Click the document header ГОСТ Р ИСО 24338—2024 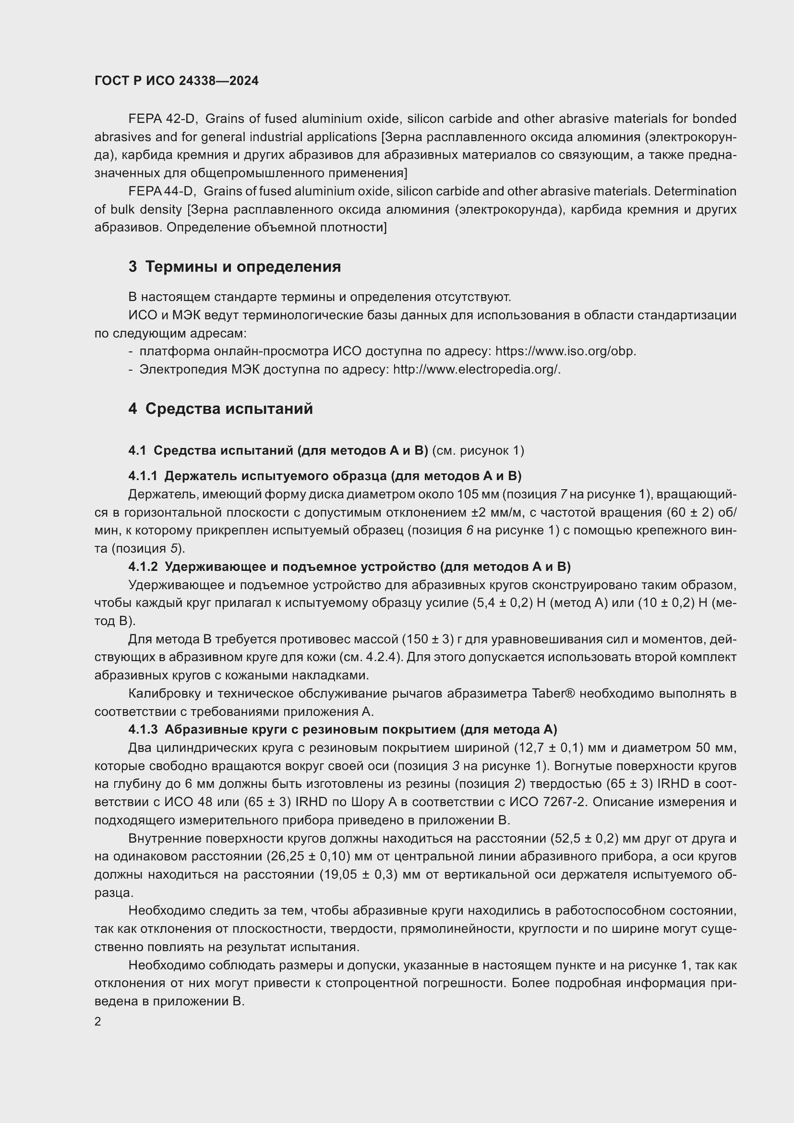(x=177, y=81)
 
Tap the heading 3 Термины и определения (x=235, y=267)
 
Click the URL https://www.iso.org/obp (x=565, y=351)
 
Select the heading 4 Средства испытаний (x=220, y=409)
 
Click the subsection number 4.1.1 (x=143, y=476)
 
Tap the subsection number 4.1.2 (x=143, y=567)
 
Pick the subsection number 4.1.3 (x=143, y=730)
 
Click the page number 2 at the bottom (x=98, y=1022)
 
